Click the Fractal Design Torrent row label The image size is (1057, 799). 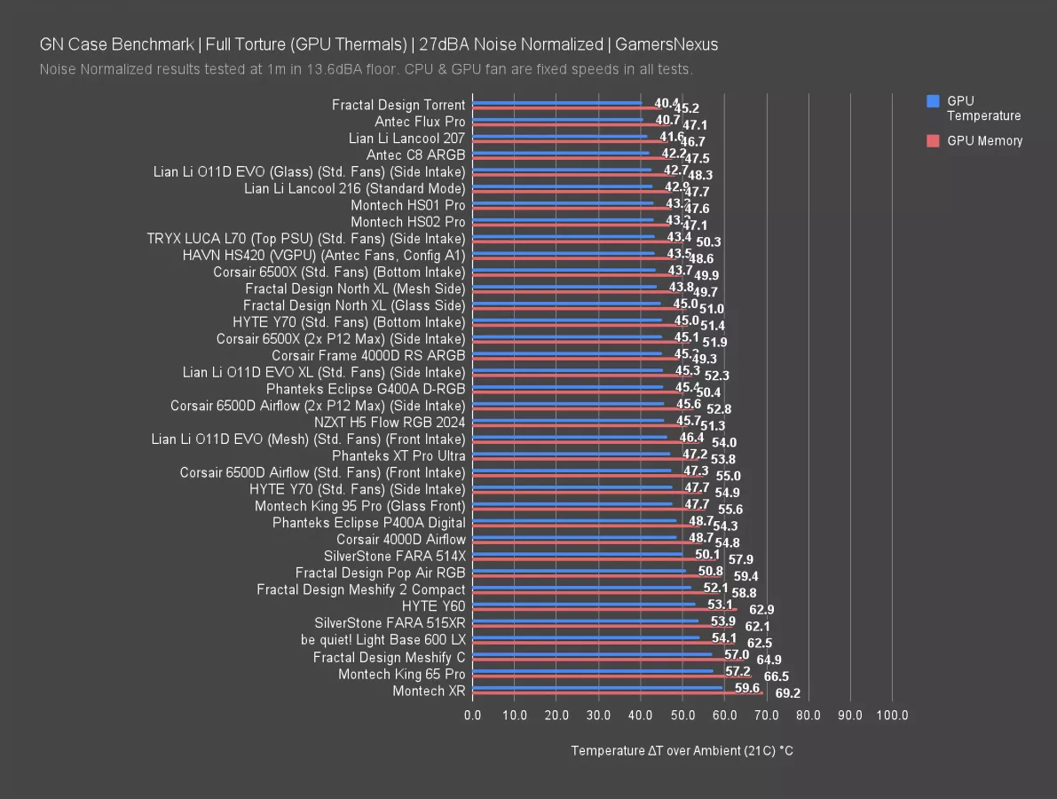pos(398,105)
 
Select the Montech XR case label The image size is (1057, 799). pos(429,691)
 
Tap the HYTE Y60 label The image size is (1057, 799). pos(433,606)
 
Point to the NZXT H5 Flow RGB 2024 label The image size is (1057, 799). pos(390,422)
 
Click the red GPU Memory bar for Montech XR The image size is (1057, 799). pos(618,692)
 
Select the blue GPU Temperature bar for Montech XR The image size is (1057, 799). pos(597,686)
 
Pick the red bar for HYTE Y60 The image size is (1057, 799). pos(604,609)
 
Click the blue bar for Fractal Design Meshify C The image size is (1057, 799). pos(592,653)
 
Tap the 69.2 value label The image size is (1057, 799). pos(788,692)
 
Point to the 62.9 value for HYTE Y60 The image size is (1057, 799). pos(761,610)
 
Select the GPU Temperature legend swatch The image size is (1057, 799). pos(932,101)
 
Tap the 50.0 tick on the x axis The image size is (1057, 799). pos(682,715)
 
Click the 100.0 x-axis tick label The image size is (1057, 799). pos(892,715)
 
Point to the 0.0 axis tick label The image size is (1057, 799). pos(473,715)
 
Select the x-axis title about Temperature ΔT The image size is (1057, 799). pos(682,751)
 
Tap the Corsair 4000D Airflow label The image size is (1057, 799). pos(400,539)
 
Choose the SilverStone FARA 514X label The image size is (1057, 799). pos(394,556)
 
